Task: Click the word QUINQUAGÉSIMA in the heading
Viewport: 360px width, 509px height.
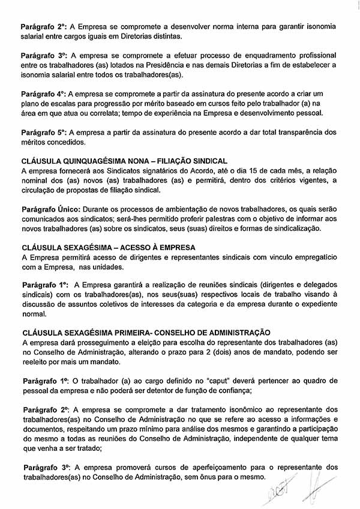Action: click(97, 161)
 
